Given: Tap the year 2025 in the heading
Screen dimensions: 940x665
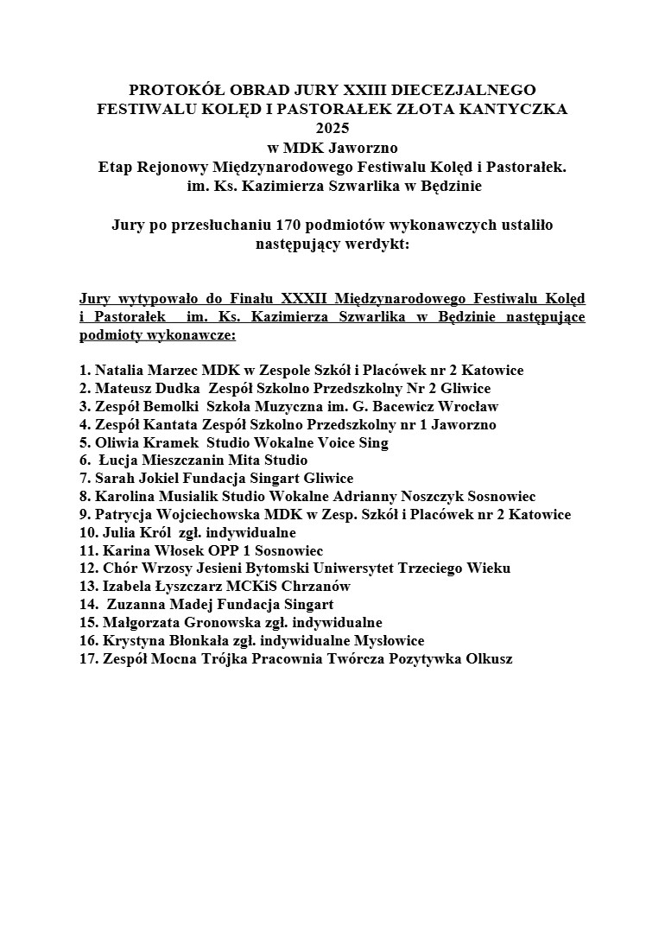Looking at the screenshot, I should pos(332,128).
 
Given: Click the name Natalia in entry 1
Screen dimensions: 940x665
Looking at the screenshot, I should pos(120,371).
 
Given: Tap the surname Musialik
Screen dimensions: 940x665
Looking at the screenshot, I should pos(196,496).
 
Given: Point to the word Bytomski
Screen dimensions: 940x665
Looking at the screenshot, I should pos(273,568).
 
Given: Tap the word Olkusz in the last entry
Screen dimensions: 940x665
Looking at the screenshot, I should pos(488,658).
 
